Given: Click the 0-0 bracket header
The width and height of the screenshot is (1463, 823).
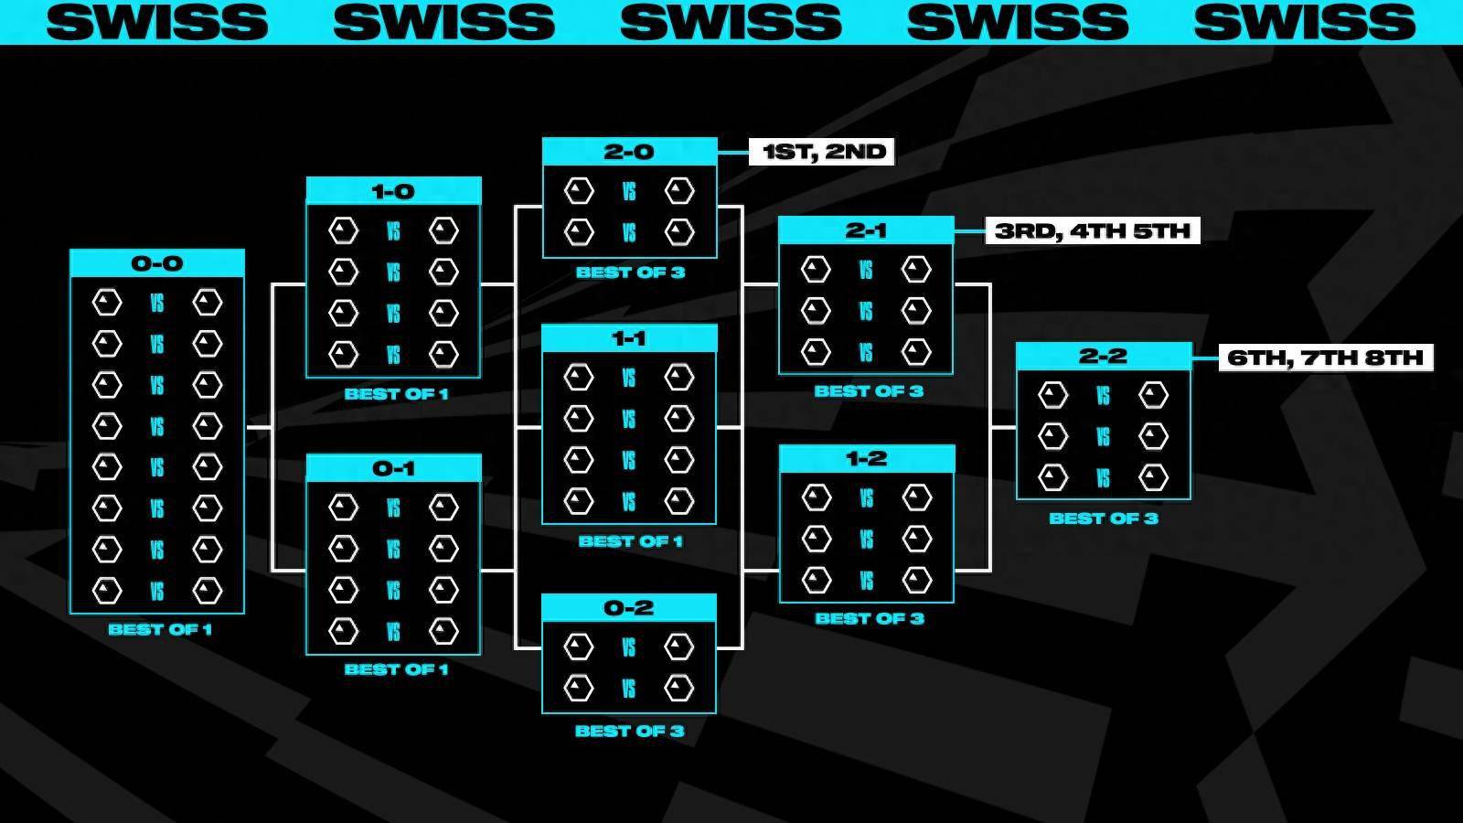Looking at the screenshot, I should [x=157, y=263].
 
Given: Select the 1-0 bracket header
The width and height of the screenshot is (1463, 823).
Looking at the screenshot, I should [x=393, y=191].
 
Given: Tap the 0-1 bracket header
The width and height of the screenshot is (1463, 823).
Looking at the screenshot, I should [x=393, y=468].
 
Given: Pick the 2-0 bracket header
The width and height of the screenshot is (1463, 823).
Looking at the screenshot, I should [x=629, y=152].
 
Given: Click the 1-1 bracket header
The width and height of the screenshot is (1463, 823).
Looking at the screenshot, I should [x=629, y=338].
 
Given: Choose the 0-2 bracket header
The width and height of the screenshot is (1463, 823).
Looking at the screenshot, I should [x=629, y=607].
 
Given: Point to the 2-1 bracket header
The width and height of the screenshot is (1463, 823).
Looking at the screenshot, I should [x=866, y=230].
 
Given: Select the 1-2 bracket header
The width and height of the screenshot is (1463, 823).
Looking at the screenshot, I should [x=866, y=458].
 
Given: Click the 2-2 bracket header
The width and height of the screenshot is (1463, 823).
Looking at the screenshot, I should [x=1103, y=356].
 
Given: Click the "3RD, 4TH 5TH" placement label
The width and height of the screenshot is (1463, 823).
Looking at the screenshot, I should [x=1093, y=230].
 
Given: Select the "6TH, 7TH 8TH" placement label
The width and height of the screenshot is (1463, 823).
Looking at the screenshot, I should [x=1325, y=357].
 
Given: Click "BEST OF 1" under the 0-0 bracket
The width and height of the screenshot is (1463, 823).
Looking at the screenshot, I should [x=160, y=629].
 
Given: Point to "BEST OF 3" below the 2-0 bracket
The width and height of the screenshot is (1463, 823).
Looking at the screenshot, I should [x=630, y=272].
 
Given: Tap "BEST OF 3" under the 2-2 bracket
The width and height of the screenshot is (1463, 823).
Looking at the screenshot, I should [x=1104, y=518].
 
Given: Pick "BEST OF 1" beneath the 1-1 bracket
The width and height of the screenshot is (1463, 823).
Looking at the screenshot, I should [x=630, y=541].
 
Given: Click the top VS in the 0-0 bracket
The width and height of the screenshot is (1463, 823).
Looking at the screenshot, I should [x=157, y=303].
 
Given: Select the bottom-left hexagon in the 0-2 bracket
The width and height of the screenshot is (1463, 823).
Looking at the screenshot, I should [x=578, y=688].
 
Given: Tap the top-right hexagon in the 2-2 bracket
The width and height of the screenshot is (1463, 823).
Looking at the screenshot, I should [x=1153, y=395].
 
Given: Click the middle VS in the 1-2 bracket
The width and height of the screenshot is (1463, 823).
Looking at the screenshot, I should [x=866, y=540].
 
